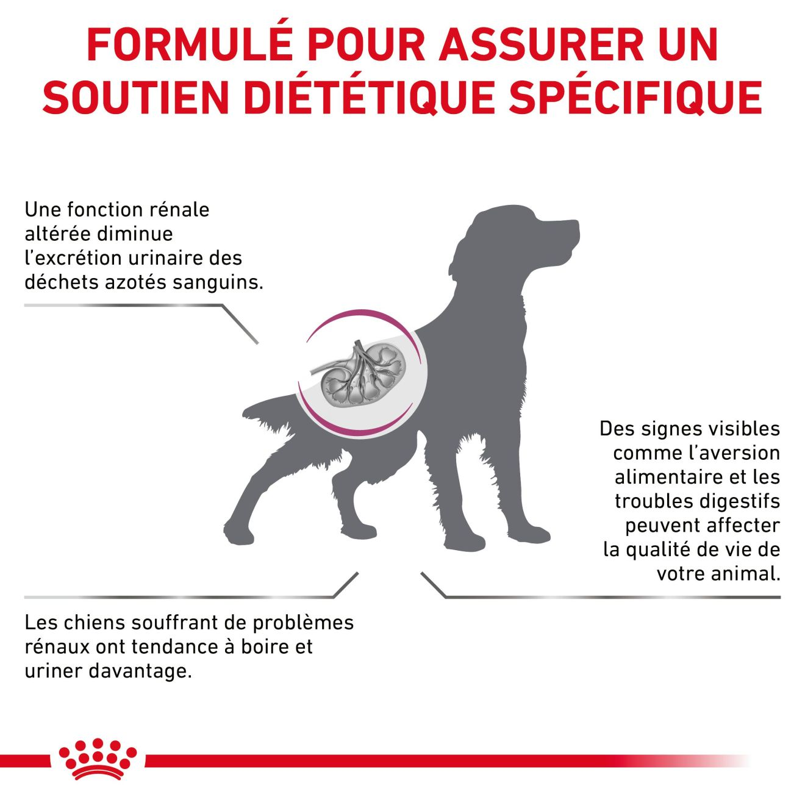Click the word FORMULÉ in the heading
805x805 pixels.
(x=190, y=44)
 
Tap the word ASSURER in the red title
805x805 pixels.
(x=542, y=45)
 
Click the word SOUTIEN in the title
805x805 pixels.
(x=136, y=98)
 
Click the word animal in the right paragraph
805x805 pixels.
(x=745, y=573)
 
